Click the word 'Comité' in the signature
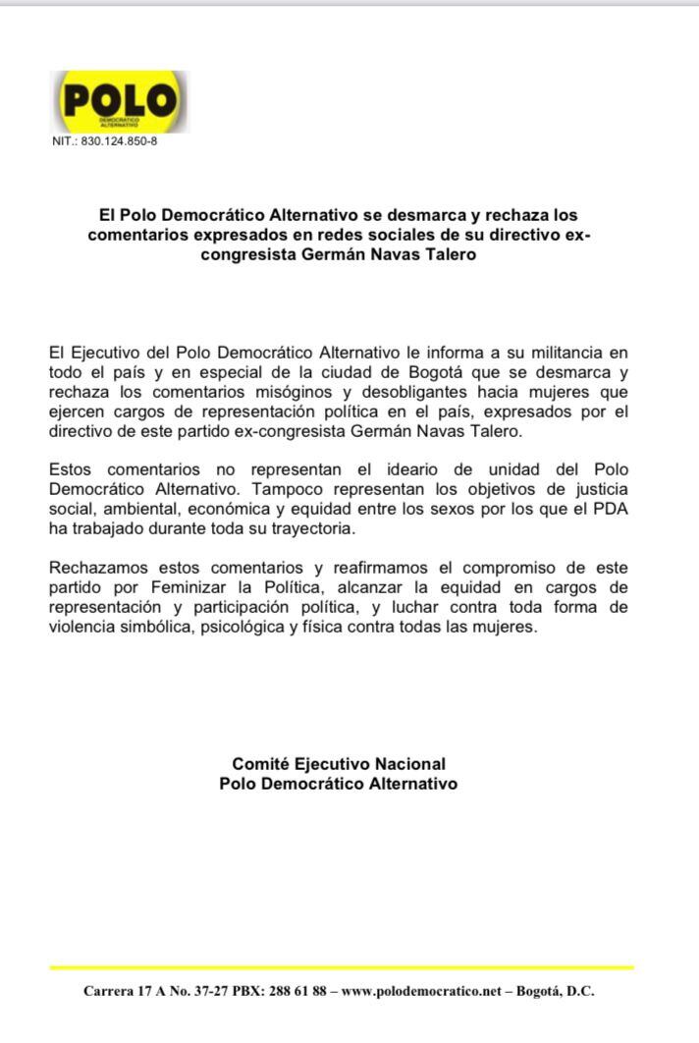point(259,763)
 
